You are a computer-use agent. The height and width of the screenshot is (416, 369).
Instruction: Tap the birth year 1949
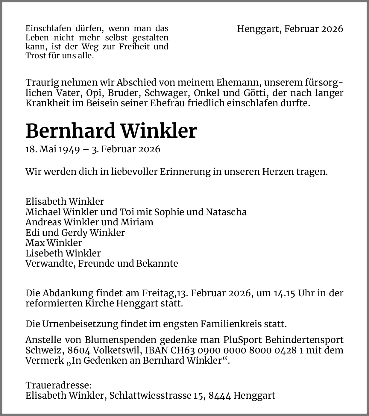coord(69,149)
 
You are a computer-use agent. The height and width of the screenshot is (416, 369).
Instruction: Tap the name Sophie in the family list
coord(169,212)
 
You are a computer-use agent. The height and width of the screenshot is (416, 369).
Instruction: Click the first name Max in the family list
coord(35,243)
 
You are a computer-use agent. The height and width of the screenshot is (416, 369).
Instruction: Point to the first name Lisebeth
coord(44,253)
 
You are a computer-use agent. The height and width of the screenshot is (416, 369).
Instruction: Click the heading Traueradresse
coord(59,385)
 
